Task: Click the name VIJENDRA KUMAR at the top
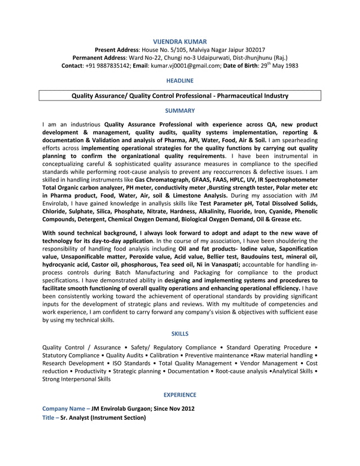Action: (180, 41)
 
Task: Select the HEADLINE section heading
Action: (180, 81)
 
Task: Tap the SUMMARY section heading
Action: (180, 111)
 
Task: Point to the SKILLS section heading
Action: (180, 333)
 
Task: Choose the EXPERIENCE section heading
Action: (180, 395)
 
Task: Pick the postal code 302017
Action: (253, 50)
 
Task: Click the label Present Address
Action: (117, 50)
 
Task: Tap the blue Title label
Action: (49, 418)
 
